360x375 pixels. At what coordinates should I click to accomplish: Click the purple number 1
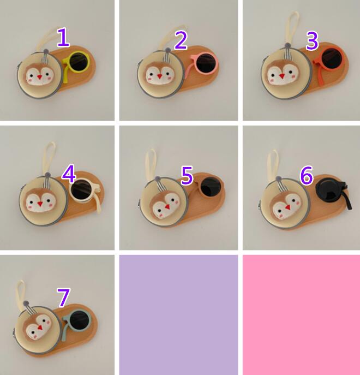[63, 37]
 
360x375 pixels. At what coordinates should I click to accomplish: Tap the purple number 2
[181, 40]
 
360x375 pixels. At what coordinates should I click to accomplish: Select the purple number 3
[312, 41]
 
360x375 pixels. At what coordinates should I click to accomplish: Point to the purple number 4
[69, 174]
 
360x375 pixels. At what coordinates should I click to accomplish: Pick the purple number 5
[187, 176]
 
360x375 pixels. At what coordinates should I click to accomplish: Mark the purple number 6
[307, 175]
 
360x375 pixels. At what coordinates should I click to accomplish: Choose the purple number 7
[63, 297]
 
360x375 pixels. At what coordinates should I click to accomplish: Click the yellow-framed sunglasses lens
[78, 62]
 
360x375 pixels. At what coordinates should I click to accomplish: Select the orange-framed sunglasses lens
[332, 58]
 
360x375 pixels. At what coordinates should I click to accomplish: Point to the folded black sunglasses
[334, 193]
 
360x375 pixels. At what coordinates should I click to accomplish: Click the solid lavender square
[178, 315]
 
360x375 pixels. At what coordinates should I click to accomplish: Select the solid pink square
[302, 315]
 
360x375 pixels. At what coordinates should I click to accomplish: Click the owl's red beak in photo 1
[39, 77]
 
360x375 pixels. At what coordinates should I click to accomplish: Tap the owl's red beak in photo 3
[282, 76]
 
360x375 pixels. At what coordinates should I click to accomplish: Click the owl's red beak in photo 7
[40, 327]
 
